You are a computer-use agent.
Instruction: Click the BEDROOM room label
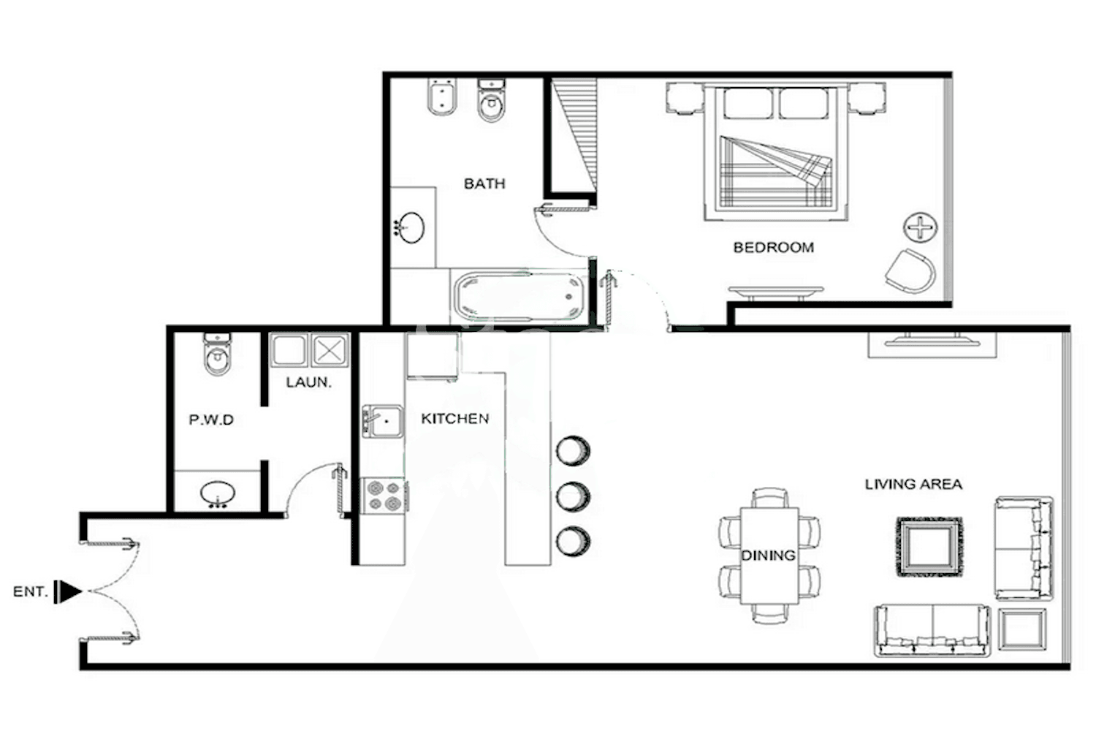pyautogui.click(x=773, y=247)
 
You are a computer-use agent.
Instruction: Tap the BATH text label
pyautogui.click(x=484, y=183)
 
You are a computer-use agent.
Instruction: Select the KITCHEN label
pyautogui.click(x=454, y=418)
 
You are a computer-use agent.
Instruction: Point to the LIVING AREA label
pyautogui.click(x=913, y=484)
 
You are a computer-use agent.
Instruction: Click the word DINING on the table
pyautogui.click(x=768, y=556)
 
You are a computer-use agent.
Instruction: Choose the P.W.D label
pyautogui.click(x=211, y=420)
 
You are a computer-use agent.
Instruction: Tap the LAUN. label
pyautogui.click(x=308, y=382)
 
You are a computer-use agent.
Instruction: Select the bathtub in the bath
pyautogui.click(x=518, y=296)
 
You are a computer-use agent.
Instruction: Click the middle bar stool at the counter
pyautogui.click(x=573, y=496)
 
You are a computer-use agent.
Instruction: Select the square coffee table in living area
pyautogui.click(x=929, y=547)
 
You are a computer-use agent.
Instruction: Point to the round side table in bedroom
pyautogui.click(x=919, y=228)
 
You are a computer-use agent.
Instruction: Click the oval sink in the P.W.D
pyautogui.click(x=217, y=493)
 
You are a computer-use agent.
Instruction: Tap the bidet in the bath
pyautogui.click(x=441, y=99)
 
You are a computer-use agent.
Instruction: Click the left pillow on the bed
pyautogui.click(x=747, y=103)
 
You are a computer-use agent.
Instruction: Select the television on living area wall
pyautogui.click(x=932, y=340)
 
